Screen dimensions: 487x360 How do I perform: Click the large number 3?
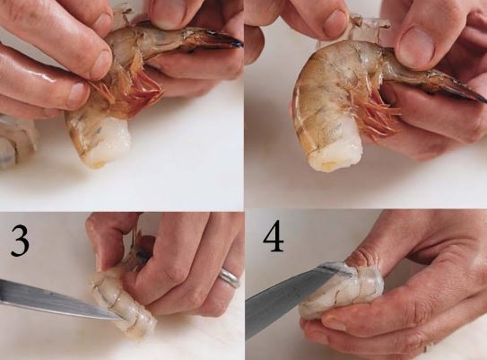tap(21, 241)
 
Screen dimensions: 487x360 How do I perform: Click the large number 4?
tap(274, 237)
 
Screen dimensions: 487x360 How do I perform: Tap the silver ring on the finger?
tap(230, 277)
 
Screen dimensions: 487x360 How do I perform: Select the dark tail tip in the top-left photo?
tap(236, 43)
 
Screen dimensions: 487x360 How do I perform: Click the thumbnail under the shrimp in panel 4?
tap(334, 324)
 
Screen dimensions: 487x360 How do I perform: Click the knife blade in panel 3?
tap(59, 300)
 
